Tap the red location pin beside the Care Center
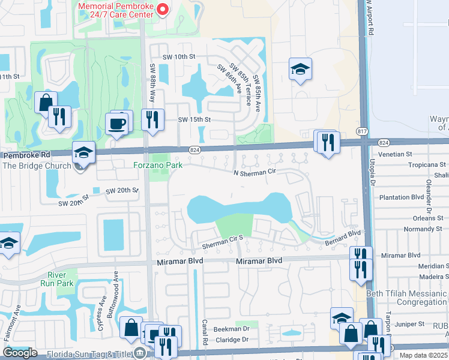point(161,8)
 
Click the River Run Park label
point(61,279)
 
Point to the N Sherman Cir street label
point(258,172)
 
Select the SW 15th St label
point(194,119)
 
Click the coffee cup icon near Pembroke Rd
point(117,125)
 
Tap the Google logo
point(20,353)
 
